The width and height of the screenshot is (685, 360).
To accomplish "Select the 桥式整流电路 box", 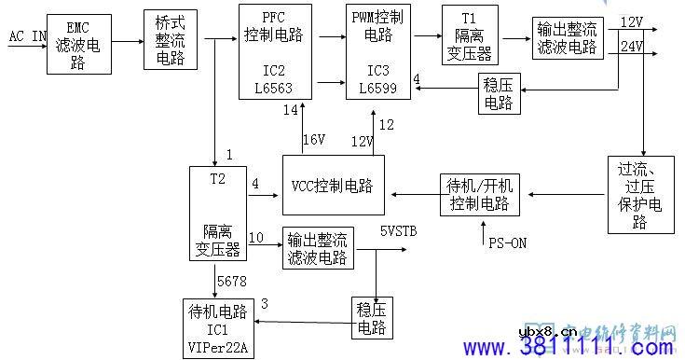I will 171,39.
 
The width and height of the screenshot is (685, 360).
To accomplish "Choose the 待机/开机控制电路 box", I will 481,192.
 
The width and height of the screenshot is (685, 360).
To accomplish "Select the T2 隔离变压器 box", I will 218,214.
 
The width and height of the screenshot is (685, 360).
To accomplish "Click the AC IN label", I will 27,36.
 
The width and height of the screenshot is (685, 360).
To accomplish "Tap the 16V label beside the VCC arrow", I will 313,139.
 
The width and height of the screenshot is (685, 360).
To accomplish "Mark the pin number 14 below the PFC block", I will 292,111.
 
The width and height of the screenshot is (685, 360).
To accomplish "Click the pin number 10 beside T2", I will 255,237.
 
